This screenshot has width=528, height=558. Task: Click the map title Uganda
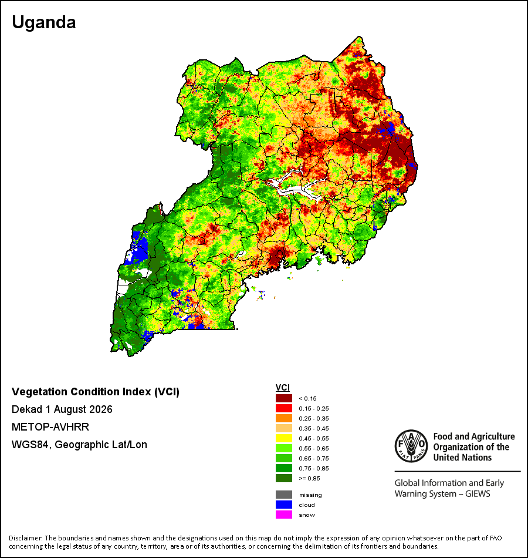point(44,22)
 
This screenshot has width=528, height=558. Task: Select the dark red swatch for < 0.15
point(284,398)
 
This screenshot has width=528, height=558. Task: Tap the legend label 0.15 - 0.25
point(314,409)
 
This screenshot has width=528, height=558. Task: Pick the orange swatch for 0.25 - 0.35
point(284,418)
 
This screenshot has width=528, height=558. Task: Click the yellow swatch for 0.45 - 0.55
point(284,438)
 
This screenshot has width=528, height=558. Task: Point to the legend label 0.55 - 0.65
point(314,448)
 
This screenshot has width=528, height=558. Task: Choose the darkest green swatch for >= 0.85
point(284,478)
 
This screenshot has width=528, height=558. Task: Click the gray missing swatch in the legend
point(284,495)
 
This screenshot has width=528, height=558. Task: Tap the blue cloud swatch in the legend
point(284,505)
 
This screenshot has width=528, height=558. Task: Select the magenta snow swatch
point(284,515)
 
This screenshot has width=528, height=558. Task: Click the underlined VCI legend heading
point(283,388)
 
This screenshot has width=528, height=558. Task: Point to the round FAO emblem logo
point(411,446)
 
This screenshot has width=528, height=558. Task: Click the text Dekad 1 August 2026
point(62,409)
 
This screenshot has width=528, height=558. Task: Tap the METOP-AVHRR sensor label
point(50,426)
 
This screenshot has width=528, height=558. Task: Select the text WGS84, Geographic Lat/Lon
point(79,445)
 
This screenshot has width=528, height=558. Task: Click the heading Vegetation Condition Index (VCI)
point(96,391)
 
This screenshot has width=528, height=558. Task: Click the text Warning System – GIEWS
point(442,494)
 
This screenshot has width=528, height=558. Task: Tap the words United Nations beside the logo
point(462,458)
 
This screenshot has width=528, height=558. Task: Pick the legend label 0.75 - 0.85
point(314,468)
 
